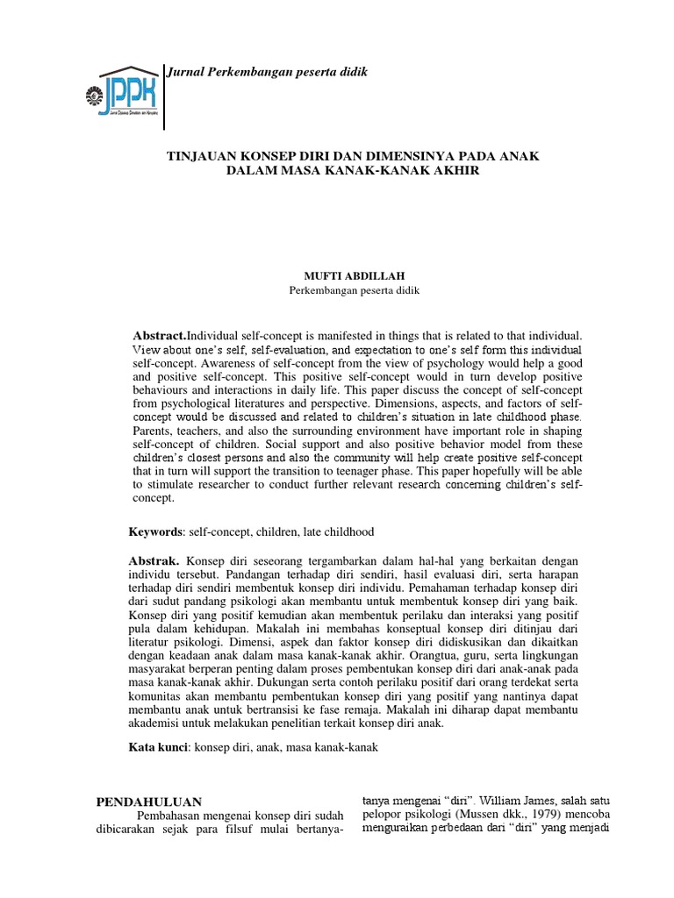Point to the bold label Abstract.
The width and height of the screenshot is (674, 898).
pos(160,336)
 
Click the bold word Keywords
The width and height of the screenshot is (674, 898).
pos(155,531)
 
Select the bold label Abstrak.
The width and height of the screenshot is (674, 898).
pos(155,560)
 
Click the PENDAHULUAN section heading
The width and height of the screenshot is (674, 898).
pos(148,802)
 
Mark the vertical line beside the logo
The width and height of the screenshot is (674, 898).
pos(165,96)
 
